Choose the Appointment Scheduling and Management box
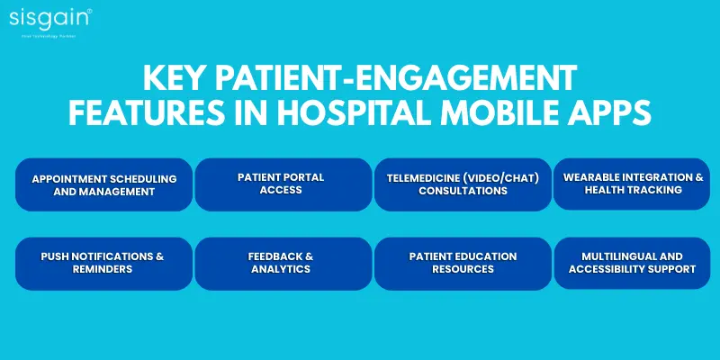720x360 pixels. point(104,184)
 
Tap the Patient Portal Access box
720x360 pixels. point(283,184)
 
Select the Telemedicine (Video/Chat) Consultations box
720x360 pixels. point(463,184)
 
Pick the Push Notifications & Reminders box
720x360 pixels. point(104,263)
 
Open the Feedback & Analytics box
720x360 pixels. point(283,263)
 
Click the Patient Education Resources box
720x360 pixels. point(463,263)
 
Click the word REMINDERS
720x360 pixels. point(104,269)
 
